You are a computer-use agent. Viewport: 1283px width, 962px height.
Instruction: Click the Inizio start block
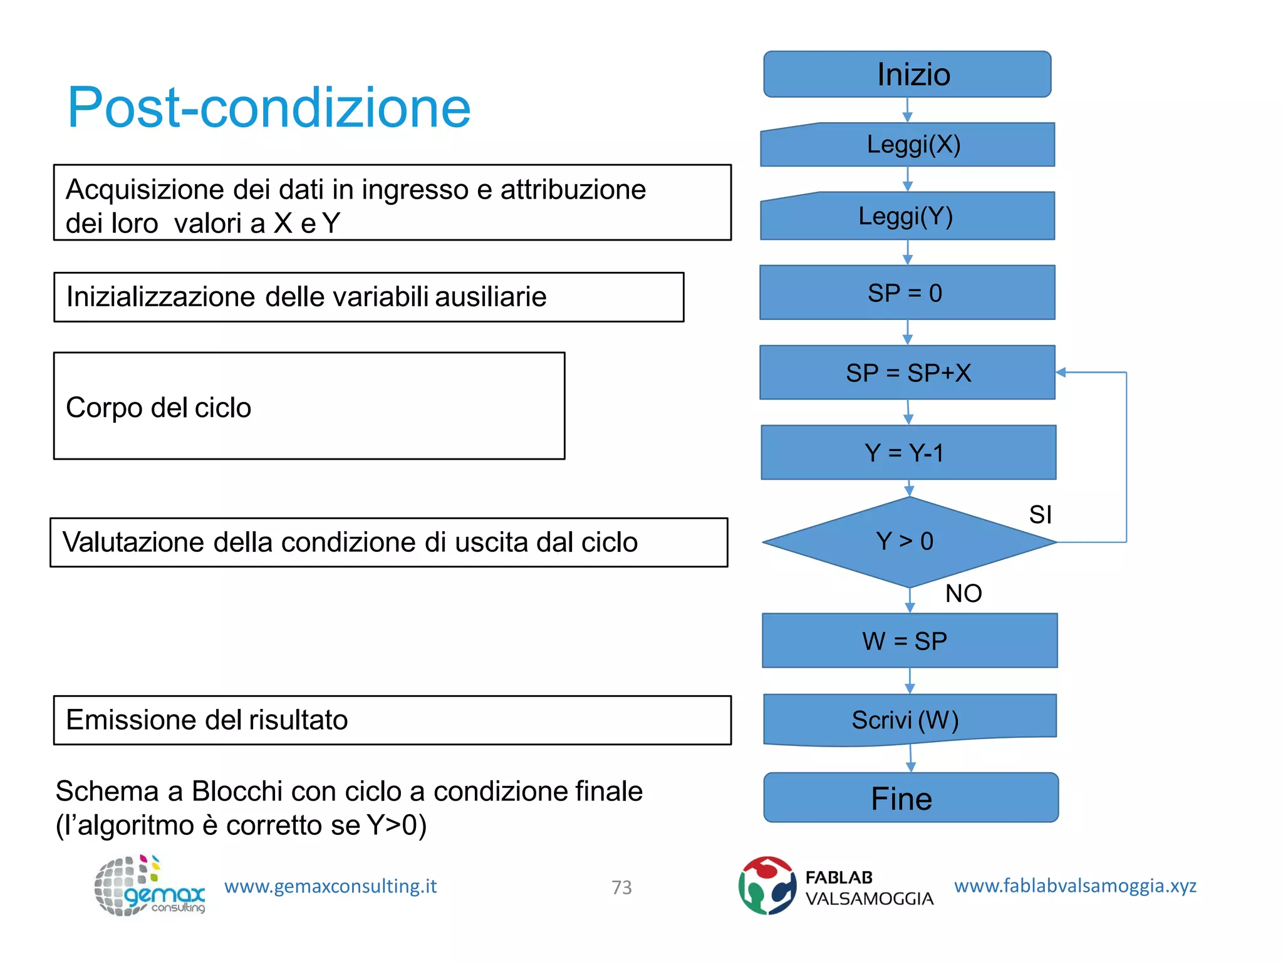tap(907, 75)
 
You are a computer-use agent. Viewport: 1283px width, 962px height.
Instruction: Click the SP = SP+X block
tap(907, 373)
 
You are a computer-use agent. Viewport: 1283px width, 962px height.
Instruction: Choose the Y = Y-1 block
tap(908, 453)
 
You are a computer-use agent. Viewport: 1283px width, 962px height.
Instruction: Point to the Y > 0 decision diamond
tap(908, 542)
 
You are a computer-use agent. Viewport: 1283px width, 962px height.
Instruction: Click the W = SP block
tap(910, 641)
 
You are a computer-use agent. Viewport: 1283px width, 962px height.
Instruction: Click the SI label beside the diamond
tap(1040, 515)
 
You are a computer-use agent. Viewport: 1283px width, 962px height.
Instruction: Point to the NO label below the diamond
tap(964, 593)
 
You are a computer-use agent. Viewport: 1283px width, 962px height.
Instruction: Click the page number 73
tap(621, 887)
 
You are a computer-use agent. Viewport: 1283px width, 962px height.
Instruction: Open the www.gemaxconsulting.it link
tap(330, 886)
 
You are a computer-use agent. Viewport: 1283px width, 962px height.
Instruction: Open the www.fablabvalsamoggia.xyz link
tap(1075, 886)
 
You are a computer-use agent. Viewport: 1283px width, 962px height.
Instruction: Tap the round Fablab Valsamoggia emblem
tap(767, 886)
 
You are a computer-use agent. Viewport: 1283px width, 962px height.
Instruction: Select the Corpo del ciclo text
tap(158, 408)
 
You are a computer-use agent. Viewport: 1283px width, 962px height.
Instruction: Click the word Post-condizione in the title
tap(269, 108)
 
